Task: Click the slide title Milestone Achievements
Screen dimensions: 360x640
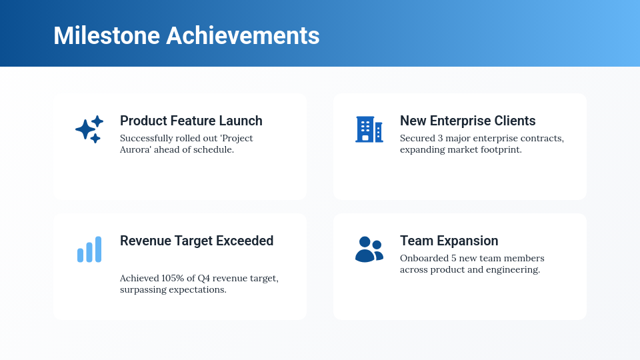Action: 186,35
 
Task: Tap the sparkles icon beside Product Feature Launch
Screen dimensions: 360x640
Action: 89,129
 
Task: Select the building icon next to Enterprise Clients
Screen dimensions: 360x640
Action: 369,129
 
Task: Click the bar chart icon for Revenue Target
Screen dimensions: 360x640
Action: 89,249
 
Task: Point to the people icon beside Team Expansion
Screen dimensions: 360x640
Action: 369,249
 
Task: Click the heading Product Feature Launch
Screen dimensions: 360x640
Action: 191,121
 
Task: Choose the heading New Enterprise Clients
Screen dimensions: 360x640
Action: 467,121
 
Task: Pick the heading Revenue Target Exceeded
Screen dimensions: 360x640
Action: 197,241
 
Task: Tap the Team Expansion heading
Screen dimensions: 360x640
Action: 449,241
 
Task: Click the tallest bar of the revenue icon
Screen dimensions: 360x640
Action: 99,249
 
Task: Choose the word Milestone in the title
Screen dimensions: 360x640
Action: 107,35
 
